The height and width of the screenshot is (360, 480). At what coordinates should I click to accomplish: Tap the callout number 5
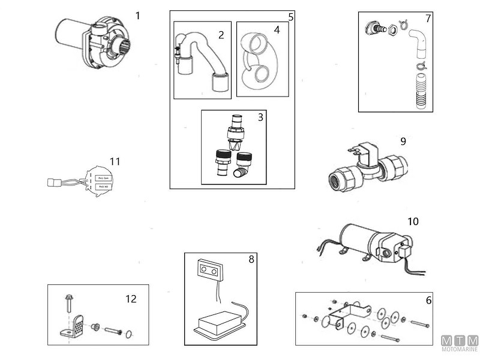290,16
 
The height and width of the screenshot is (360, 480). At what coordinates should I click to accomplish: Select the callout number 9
403,142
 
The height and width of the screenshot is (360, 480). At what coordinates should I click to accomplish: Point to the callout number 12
131,299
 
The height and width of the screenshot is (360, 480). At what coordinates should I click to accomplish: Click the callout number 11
115,161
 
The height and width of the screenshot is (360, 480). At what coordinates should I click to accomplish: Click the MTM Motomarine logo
459,344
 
